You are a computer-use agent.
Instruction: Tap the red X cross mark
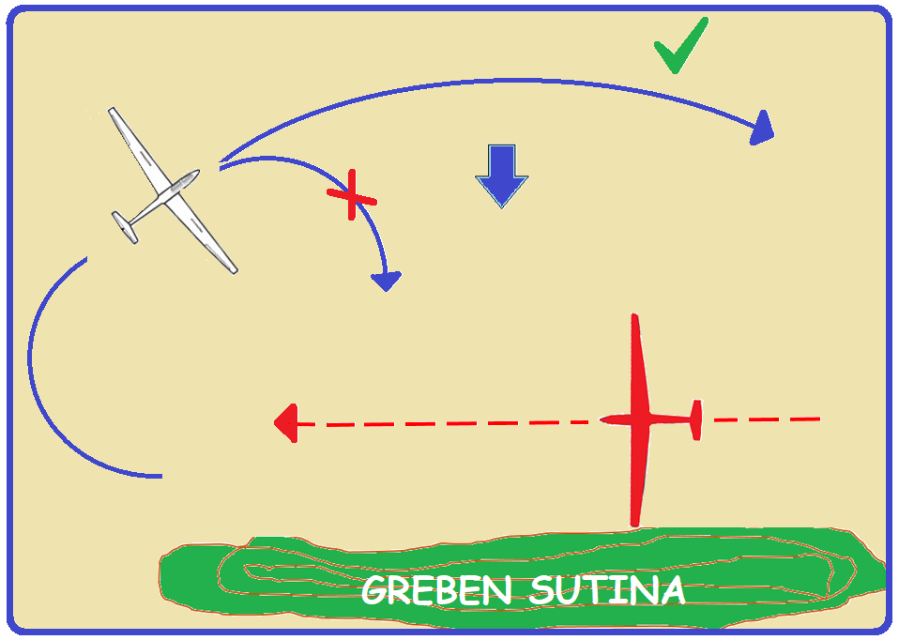[352, 195]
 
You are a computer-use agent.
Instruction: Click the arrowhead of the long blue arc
[763, 129]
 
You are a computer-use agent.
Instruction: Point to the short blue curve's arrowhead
[387, 281]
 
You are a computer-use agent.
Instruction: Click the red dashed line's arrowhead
[286, 423]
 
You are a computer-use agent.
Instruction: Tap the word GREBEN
[436, 590]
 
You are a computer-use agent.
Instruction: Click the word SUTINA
[607, 590]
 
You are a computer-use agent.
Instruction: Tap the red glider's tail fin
[696, 420]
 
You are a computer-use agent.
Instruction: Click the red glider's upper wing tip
[634, 315]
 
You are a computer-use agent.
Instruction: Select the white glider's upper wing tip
[112, 110]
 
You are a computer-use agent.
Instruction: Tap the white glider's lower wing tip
[234, 270]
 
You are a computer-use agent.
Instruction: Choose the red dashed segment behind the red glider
[767, 419]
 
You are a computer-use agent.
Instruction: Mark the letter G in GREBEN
[376, 590]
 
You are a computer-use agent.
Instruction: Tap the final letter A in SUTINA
[670, 590]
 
